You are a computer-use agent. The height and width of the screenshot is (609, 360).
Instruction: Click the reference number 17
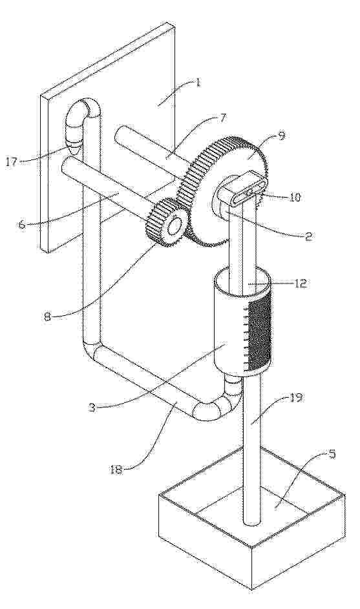click(11, 161)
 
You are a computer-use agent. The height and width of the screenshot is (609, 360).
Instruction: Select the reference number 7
click(222, 118)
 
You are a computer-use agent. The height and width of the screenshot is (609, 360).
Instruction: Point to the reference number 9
click(282, 135)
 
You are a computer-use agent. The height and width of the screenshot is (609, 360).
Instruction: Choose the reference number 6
click(22, 224)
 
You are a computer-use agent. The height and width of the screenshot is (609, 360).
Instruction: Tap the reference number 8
click(47, 316)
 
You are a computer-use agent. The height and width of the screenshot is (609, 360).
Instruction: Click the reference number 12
click(301, 283)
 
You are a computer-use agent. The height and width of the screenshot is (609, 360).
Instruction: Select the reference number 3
click(91, 408)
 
